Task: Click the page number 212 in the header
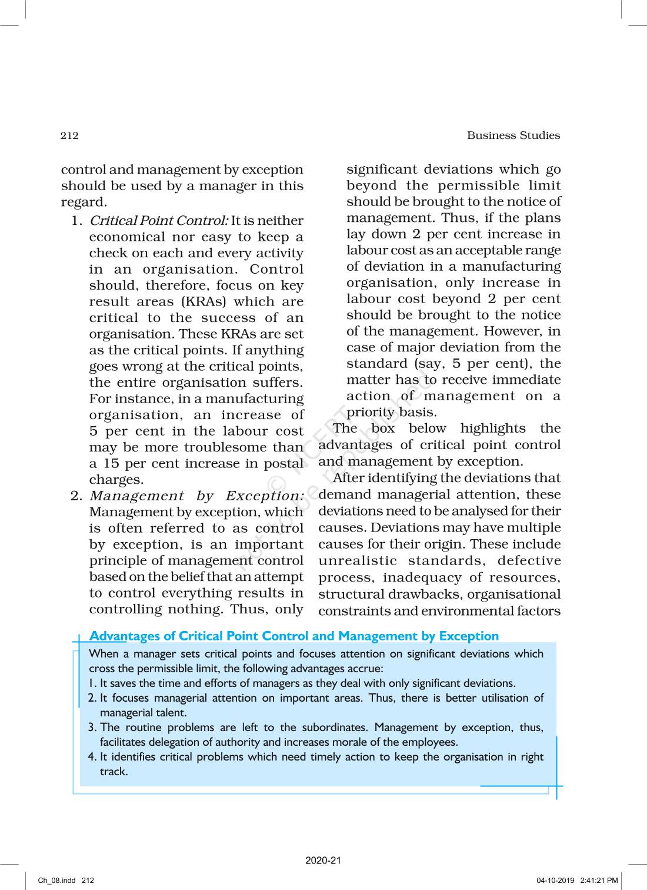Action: point(69,136)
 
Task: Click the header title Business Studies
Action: point(513,135)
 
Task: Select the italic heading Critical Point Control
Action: point(158,221)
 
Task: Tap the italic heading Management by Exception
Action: point(196,496)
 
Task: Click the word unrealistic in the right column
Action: point(358,561)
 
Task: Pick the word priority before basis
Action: point(370,412)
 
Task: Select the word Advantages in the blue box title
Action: point(125,636)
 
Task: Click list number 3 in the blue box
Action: point(92,728)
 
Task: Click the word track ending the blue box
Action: point(114,772)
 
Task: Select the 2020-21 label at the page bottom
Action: point(323,861)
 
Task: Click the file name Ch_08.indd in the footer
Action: point(57,881)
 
